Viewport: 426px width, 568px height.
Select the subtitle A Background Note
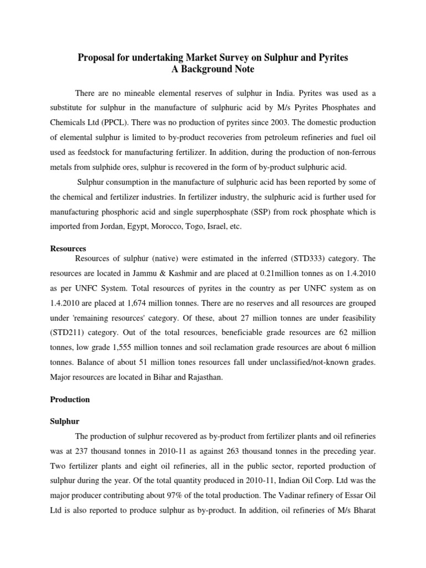pyautogui.click(x=213, y=69)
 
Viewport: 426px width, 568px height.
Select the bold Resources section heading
pyautogui.click(x=68, y=248)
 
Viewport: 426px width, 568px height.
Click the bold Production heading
pyautogui.click(x=70, y=399)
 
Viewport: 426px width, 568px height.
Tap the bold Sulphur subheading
pyautogui.click(x=65, y=422)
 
